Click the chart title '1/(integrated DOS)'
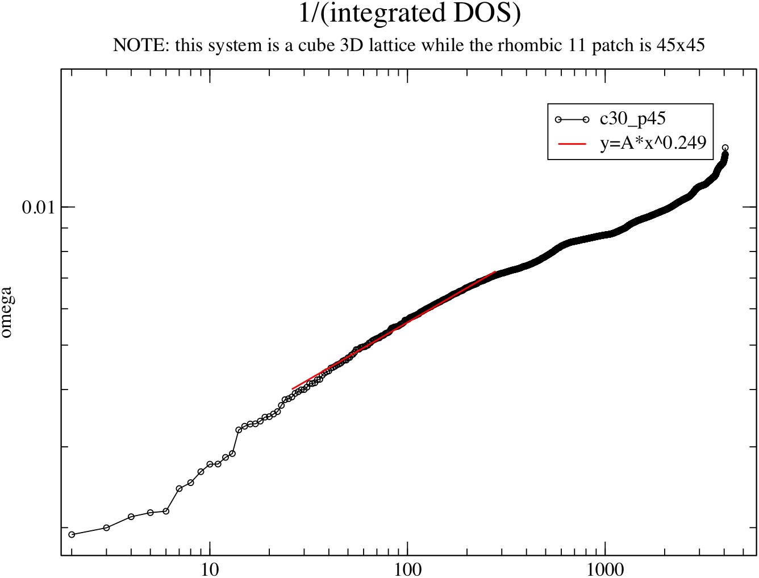(410, 14)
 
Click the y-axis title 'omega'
(6, 313)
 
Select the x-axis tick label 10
(210, 568)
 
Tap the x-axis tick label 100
(407, 568)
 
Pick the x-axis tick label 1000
(605, 568)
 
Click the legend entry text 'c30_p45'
(632, 119)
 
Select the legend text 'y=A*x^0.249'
(653, 143)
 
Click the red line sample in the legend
(572, 144)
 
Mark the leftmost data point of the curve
(72, 534)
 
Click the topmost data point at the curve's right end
(725, 148)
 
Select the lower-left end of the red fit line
(292, 389)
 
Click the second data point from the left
(106, 527)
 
